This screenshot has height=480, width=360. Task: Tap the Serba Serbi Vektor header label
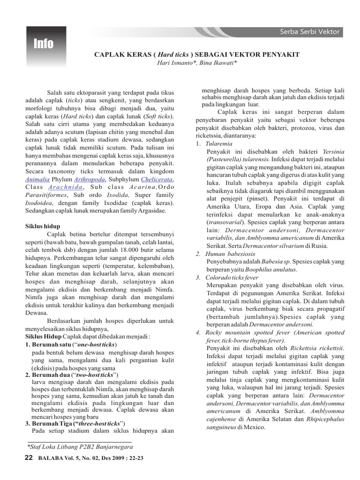(x=310, y=32)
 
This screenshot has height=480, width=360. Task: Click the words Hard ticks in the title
(x=174, y=55)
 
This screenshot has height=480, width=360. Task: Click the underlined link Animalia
(x=37, y=179)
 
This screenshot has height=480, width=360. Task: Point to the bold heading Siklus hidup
(x=43, y=226)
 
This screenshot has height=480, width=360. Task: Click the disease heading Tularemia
(x=218, y=143)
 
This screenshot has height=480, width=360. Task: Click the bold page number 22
(x=29, y=458)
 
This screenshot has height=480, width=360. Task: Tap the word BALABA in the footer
(x=50, y=459)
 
